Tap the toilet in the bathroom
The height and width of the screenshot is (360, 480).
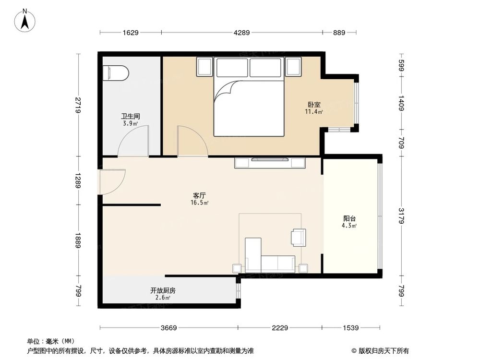click(116, 73)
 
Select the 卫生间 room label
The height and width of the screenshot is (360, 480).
click(130, 116)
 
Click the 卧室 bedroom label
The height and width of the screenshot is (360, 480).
click(314, 105)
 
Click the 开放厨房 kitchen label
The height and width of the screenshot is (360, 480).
click(163, 290)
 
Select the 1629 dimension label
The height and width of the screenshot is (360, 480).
click(131, 33)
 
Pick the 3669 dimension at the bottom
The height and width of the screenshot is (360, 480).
click(168, 328)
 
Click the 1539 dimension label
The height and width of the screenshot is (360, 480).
click(351, 328)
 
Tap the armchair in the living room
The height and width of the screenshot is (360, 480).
click(298, 237)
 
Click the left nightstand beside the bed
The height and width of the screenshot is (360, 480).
click(204, 66)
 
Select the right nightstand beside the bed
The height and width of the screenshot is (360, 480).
click(293, 66)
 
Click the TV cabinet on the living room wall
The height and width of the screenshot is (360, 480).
click(270, 162)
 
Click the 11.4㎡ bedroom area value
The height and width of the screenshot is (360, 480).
click(314, 112)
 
